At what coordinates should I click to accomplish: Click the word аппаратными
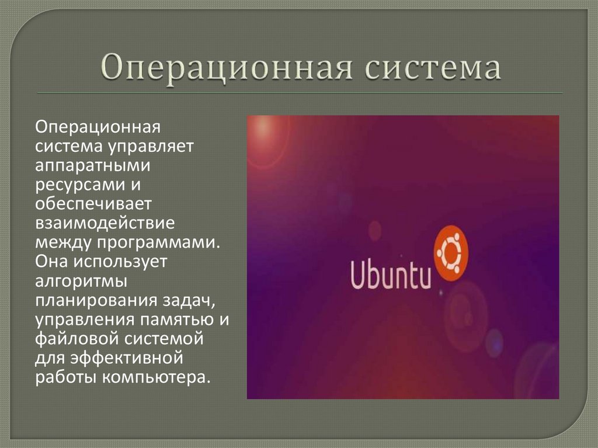click(x=92, y=165)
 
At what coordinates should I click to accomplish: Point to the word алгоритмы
click(x=81, y=280)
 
